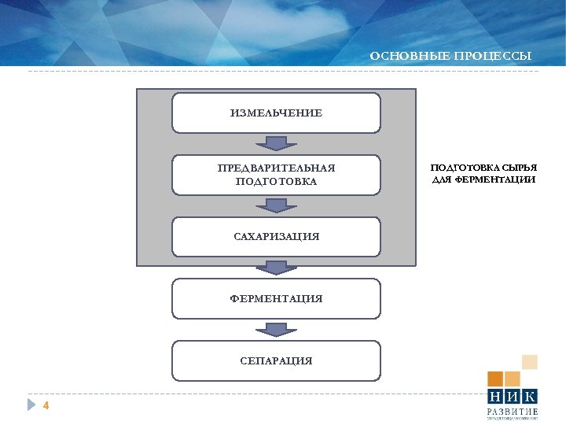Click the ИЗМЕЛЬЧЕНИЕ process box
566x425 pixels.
pos(276,113)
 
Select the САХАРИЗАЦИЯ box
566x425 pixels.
pos(276,237)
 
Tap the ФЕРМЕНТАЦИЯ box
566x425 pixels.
pos(276,299)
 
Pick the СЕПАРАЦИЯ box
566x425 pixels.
pos(276,360)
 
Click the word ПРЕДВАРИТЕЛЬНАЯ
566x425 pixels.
pos(276,168)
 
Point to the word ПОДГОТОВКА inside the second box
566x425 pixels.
pos(276,182)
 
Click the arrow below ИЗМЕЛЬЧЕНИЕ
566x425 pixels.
pos(276,143)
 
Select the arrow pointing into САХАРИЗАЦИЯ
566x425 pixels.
pos(276,205)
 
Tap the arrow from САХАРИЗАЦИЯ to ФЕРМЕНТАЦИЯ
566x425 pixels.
pos(276,268)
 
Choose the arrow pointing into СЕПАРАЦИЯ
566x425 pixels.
pos(276,329)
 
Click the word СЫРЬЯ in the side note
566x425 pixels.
pos(520,168)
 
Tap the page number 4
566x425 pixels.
pos(46,406)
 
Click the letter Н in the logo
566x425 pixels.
pos(495,397)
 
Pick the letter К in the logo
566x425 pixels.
pos(530,397)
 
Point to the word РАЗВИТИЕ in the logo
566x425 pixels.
pos(513,412)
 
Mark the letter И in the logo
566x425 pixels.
pos(513,397)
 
